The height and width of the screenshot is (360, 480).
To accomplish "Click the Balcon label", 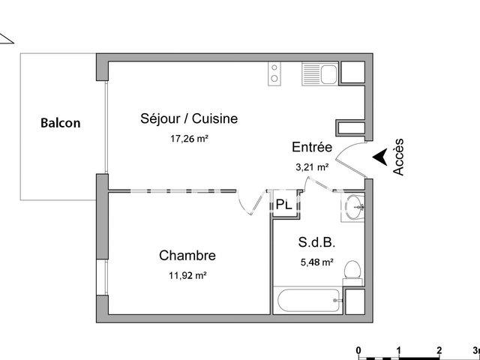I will point(60,123).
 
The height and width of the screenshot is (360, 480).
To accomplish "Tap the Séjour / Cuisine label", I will point(189,118).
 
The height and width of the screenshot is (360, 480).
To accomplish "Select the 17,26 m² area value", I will point(189,138).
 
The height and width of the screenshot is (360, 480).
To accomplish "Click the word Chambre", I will point(187,256).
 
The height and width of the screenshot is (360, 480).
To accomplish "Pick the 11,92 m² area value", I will point(187,275).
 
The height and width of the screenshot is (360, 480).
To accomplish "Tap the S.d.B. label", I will point(317,242).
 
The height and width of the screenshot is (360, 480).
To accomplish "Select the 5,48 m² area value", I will point(317,262).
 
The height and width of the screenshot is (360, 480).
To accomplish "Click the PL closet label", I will point(283,204).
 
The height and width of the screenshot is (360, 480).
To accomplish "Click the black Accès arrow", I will point(380,157).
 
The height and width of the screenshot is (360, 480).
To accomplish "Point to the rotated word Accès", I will point(398,157).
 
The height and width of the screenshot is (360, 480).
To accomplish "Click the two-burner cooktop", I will point(275,73).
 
